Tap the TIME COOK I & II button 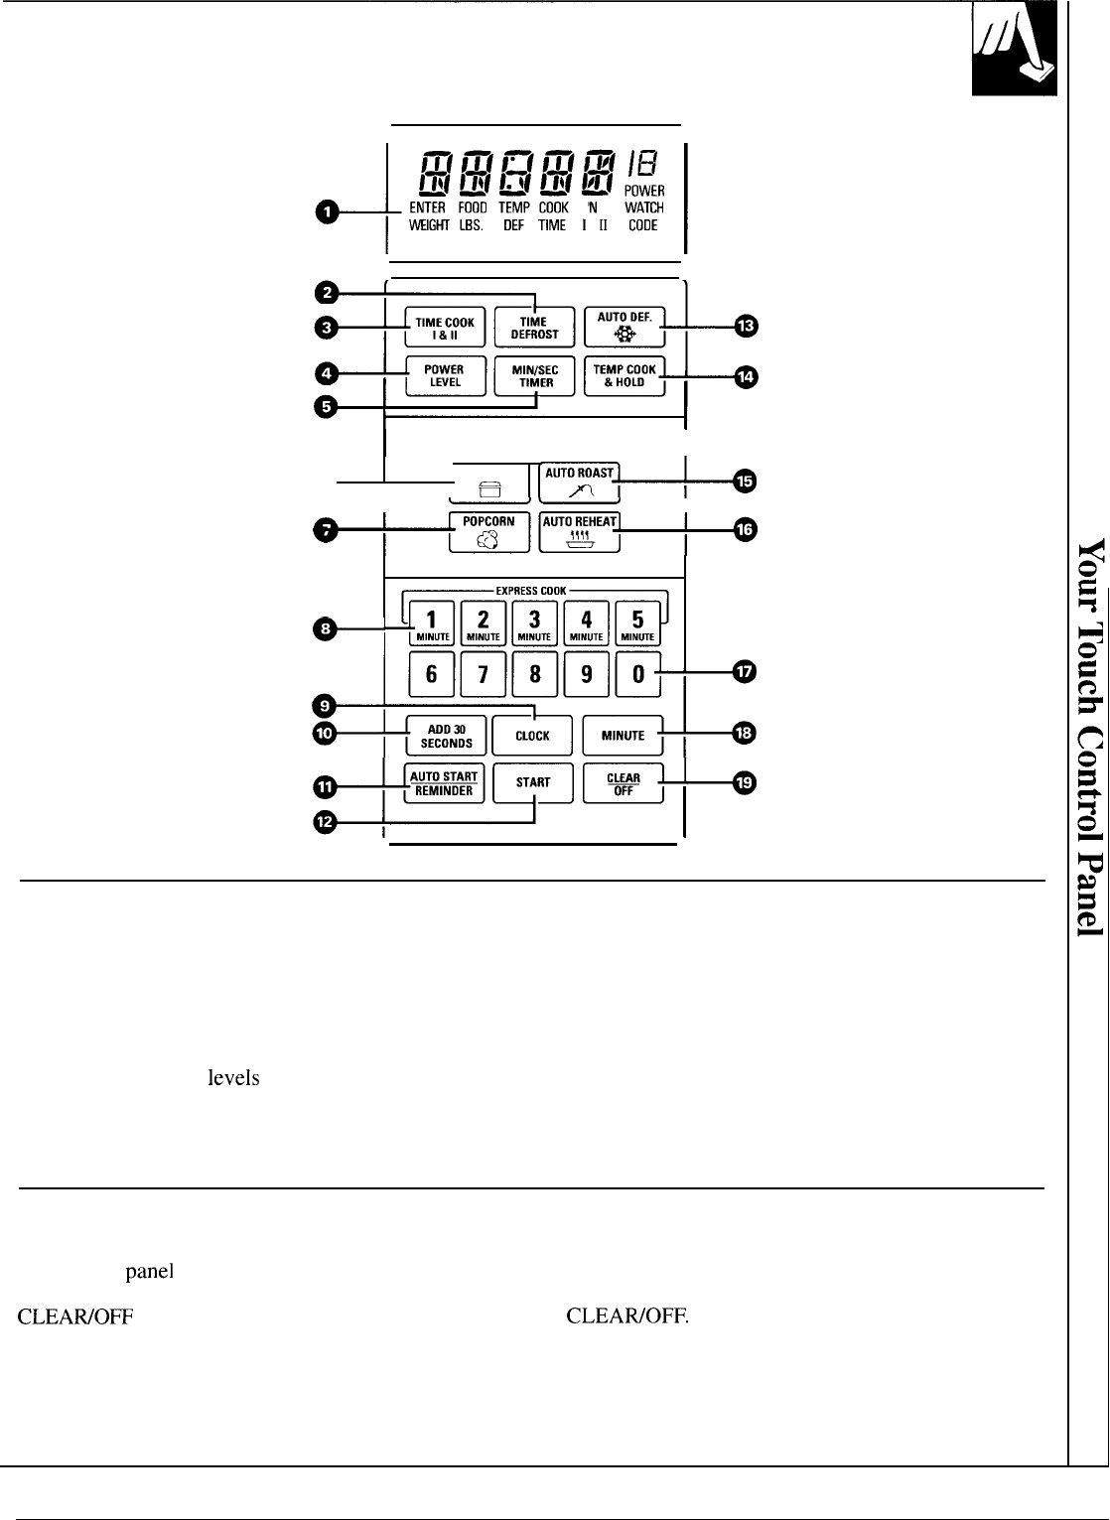(445, 328)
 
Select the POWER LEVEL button (444, 375)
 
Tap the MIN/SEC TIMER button (534, 375)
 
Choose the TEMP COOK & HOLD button (624, 375)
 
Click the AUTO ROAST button (581, 482)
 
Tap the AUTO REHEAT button (581, 532)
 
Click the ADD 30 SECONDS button (444, 737)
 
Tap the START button (533, 782)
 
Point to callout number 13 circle (745, 326)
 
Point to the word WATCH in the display (643, 208)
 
